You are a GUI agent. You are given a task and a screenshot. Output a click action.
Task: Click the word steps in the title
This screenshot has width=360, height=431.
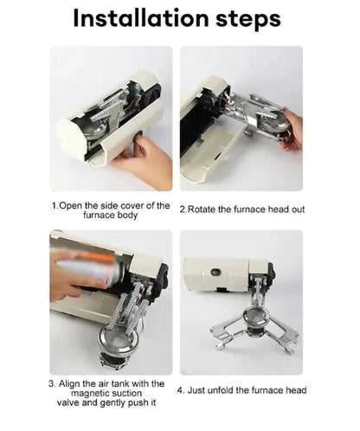tap(245, 19)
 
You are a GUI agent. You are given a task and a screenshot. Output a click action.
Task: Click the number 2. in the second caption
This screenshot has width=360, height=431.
tap(183, 209)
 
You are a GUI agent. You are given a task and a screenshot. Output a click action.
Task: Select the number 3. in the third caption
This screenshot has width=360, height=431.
tap(53, 383)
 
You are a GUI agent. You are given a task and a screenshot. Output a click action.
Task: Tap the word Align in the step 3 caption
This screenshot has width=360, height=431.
tap(73, 383)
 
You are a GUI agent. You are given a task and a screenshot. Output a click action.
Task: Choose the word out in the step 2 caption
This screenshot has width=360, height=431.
tap(297, 209)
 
